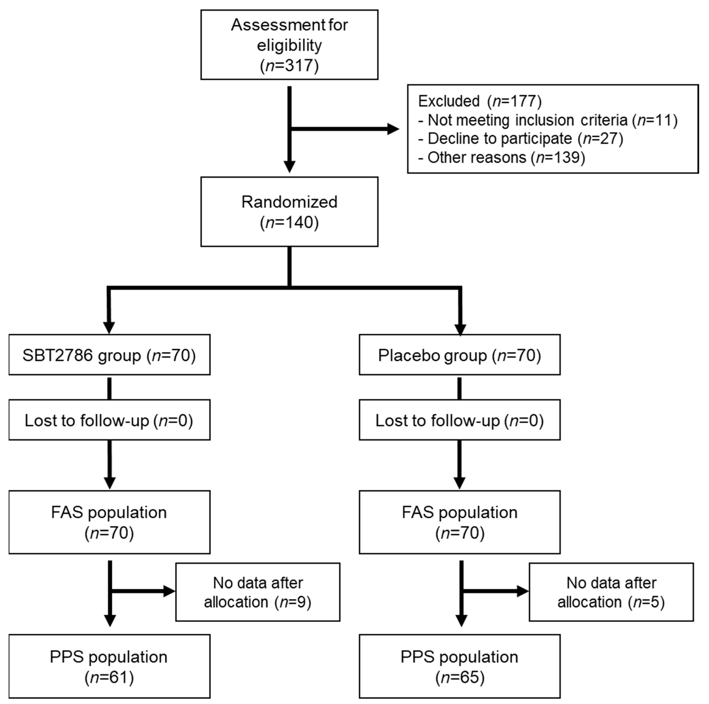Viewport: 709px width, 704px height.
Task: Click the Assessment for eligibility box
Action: [289, 45]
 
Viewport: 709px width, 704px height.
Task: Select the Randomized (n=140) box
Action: [289, 212]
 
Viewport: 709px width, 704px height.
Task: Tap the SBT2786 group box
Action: [109, 355]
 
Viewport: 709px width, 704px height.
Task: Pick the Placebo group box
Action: [459, 355]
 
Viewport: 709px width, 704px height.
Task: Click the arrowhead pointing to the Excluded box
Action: [393, 129]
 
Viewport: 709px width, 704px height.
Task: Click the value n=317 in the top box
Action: [289, 66]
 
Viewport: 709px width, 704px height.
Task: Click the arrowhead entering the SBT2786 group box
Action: [109, 328]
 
